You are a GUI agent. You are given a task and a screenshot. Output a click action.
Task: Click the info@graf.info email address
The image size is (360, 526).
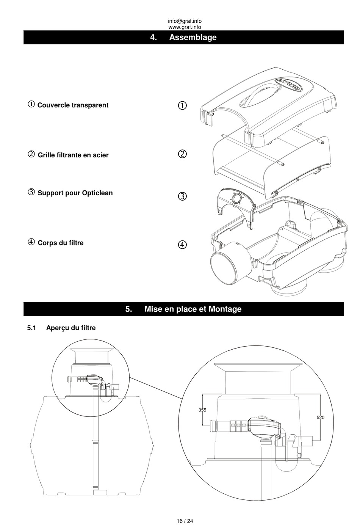tap(185, 21)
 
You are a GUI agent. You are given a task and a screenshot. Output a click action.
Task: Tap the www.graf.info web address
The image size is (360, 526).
tap(185, 27)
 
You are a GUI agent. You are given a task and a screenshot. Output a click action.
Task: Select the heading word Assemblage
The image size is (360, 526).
tap(193, 38)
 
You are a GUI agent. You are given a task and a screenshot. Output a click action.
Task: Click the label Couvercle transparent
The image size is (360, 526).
tap(73, 105)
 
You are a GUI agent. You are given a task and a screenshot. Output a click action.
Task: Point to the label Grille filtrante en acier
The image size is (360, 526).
tap(73, 155)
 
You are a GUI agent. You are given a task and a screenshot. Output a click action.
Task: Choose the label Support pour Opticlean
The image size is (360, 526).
tap(75, 193)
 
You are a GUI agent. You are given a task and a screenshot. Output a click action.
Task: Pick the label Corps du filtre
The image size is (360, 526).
tap(61, 243)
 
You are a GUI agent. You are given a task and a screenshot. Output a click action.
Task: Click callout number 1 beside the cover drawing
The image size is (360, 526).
tap(182, 105)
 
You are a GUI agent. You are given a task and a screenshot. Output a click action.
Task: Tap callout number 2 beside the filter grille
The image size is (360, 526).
tap(182, 154)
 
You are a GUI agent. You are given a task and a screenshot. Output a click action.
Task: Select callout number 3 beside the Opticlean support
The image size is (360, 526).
tap(182, 196)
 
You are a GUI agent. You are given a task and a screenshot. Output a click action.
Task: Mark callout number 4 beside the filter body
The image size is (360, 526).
tap(182, 245)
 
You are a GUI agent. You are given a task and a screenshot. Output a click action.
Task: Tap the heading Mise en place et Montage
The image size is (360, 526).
tap(193, 309)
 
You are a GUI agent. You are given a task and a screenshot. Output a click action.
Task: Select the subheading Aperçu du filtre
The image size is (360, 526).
tap(71, 328)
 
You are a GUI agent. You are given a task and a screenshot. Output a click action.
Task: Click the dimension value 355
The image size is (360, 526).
tap(202, 410)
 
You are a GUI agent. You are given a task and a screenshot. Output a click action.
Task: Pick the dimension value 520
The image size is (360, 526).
tap(321, 418)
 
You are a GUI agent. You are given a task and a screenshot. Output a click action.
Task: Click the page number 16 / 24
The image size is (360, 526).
tap(185, 521)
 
